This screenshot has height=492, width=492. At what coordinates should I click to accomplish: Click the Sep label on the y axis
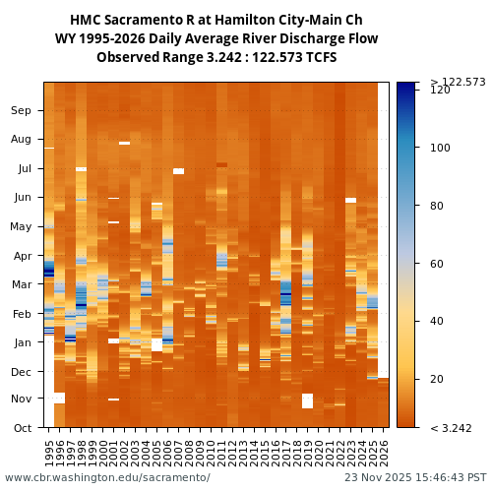(21, 110)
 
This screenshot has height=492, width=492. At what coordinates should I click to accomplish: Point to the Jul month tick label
(24, 168)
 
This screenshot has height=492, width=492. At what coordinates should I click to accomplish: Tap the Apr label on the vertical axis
(22, 255)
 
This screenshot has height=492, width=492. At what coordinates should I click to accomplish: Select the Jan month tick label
(22, 342)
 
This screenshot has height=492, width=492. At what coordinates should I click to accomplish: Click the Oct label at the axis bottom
(22, 428)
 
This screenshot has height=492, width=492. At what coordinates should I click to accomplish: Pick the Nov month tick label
(21, 399)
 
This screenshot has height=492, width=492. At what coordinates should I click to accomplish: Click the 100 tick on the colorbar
(441, 148)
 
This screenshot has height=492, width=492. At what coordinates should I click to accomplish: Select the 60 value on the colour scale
(438, 264)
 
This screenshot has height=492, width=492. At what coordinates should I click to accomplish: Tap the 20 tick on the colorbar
(438, 379)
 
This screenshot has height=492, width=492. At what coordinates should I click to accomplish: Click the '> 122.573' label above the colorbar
(458, 82)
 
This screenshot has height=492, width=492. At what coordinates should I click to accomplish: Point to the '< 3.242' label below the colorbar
(452, 428)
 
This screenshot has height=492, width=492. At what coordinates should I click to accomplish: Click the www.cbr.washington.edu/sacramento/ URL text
(107, 478)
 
